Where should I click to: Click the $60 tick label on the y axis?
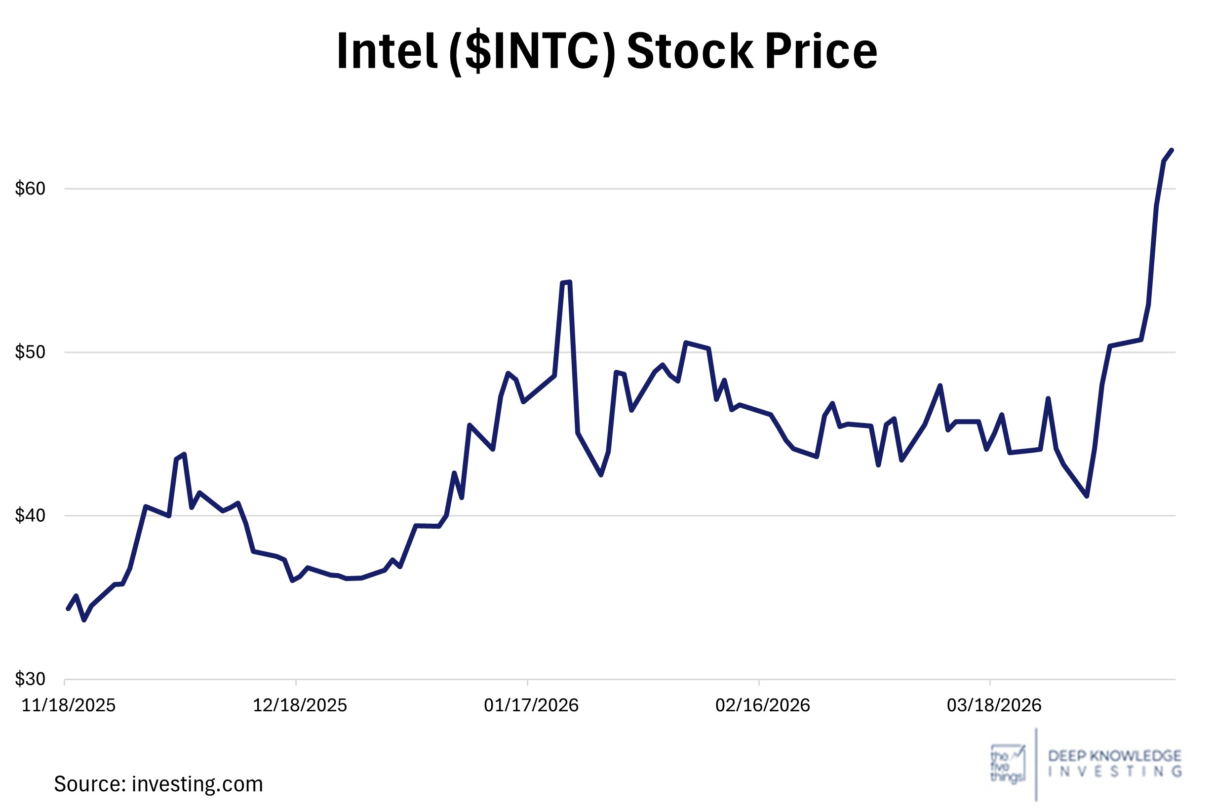coord(30,189)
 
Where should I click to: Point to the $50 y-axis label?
coord(30,352)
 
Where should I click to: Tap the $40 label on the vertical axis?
coord(30,516)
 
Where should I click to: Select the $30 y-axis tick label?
coord(30,679)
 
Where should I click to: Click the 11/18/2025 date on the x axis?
coord(68,705)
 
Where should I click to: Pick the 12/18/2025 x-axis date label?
coord(300,705)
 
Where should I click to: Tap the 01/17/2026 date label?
coord(531,705)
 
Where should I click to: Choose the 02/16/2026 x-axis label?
coord(762,705)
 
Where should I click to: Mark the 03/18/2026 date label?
coord(994,705)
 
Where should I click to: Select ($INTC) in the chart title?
coord(532,51)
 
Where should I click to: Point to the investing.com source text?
coord(197,785)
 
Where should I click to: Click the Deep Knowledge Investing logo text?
coord(1115,764)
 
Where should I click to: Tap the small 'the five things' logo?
coord(1007,764)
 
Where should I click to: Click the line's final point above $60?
coord(1172,150)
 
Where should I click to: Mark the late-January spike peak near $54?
coord(569,282)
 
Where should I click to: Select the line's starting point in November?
coord(68,609)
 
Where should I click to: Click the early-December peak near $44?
coord(184,454)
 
